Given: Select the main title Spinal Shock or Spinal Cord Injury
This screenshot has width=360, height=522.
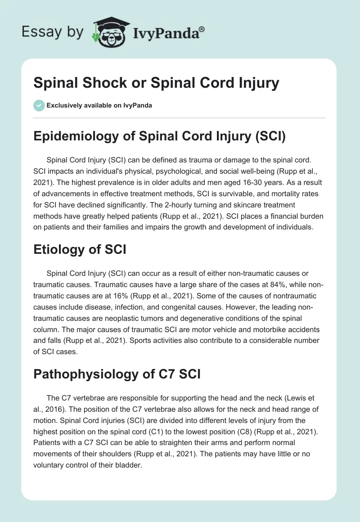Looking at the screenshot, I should (x=156, y=83).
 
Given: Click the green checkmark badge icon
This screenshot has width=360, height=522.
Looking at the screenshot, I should (x=39, y=105).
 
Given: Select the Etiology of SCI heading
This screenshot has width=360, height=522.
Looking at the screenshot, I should (x=80, y=249).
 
